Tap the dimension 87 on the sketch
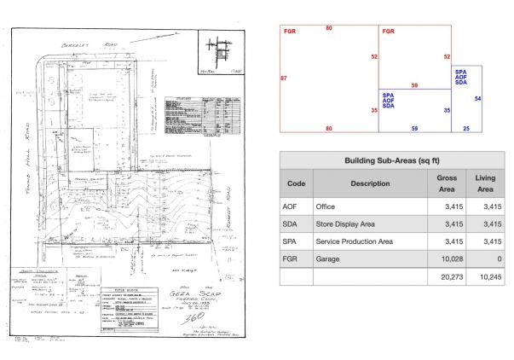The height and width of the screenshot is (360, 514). (x=283, y=78)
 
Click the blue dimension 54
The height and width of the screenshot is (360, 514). (x=477, y=100)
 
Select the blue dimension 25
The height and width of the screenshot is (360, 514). (x=466, y=128)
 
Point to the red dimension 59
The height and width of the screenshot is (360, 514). (x=414, y=85)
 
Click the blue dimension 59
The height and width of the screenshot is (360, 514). (x=414, y=128)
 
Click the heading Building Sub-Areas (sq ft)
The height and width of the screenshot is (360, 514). (x=392, y=160)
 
